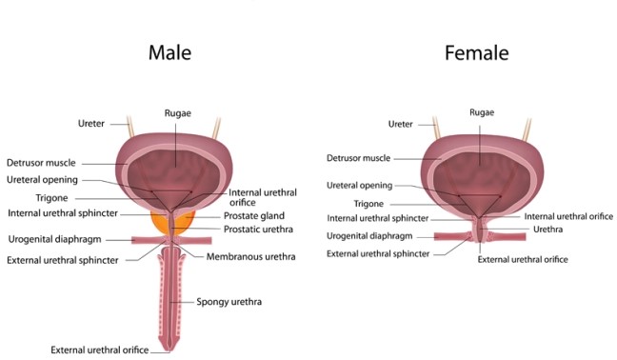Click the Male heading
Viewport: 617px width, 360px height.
coord(170,52)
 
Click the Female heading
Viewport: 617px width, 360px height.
coord(476,52)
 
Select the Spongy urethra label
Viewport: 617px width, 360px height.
coord(229,302)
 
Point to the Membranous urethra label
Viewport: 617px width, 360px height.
coord(251,256)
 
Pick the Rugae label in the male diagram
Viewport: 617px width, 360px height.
coord(177,113)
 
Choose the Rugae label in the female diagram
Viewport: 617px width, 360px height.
coord(482,112)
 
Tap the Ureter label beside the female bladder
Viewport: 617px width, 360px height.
coord(402,124)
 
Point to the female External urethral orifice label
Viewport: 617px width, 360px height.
coord(523,259)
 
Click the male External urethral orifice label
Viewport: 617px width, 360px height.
coord(99,350)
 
